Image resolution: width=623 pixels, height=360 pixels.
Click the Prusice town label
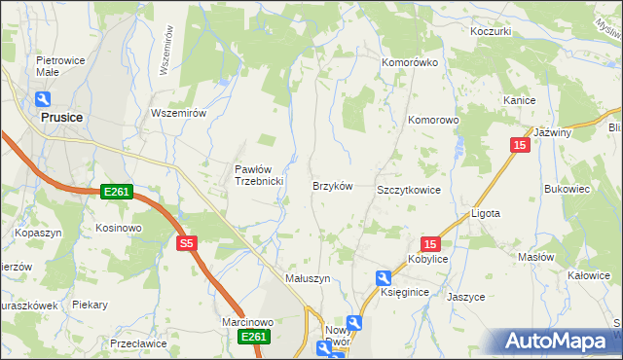(x=61, y=117)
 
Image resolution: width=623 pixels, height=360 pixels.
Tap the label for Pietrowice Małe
(x=55, y=65)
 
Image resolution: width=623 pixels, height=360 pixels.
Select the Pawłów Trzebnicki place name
(x=258, y=175)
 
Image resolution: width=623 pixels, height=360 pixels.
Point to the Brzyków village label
(x=331, y=185)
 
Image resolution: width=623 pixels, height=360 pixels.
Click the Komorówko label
(x=409, y=62)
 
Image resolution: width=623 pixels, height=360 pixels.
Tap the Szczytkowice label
(x=409, y=190)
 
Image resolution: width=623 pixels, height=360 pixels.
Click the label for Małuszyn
(x=308, y=277)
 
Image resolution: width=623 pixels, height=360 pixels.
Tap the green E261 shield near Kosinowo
(x=116, y=192)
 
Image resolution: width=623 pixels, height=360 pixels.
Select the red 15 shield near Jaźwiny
(x=521, y=144)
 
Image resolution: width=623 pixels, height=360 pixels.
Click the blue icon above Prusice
(x=43, y=98)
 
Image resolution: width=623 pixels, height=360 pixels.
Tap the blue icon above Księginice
(x=384, y=278)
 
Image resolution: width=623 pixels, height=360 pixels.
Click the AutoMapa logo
(x=555, y=341)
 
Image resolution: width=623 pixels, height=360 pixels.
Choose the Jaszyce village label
(x=466, y=297)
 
